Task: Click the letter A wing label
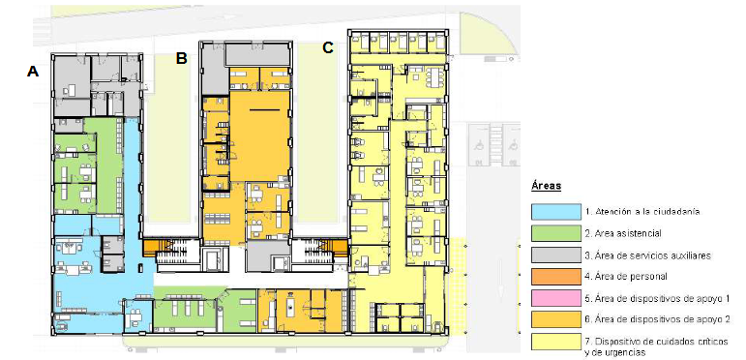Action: click(x=32, y=72)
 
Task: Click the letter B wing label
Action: click(x=181, y=58)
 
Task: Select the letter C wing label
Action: click(x=328, y=47)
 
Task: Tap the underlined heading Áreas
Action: click(x=546, y=186)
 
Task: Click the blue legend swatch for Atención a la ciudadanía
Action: click(x=555, y=212)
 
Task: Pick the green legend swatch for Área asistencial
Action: click(x=555, y=233)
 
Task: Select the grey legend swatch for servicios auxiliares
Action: click(x=555, y=255)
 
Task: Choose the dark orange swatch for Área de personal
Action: click(x=555, y=277)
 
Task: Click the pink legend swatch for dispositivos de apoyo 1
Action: click(x=555, y=298)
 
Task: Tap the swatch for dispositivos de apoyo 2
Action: click(x=555, y=320)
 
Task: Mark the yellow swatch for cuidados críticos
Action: click(x=555, y=342)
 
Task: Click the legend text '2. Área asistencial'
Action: click(x=623, y=233)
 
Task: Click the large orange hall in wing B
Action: click(x=259, y=136)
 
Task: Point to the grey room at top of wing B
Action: click(x=257, y=55)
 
